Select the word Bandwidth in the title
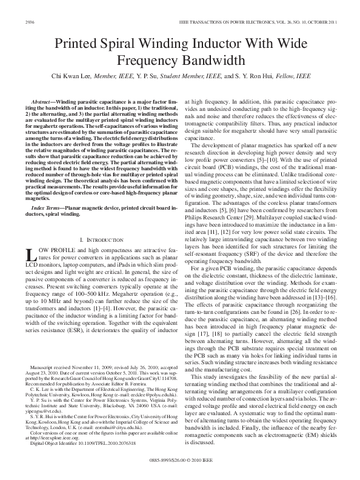click(x=211, y=61)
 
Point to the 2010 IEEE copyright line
click(x=180, y=461)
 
